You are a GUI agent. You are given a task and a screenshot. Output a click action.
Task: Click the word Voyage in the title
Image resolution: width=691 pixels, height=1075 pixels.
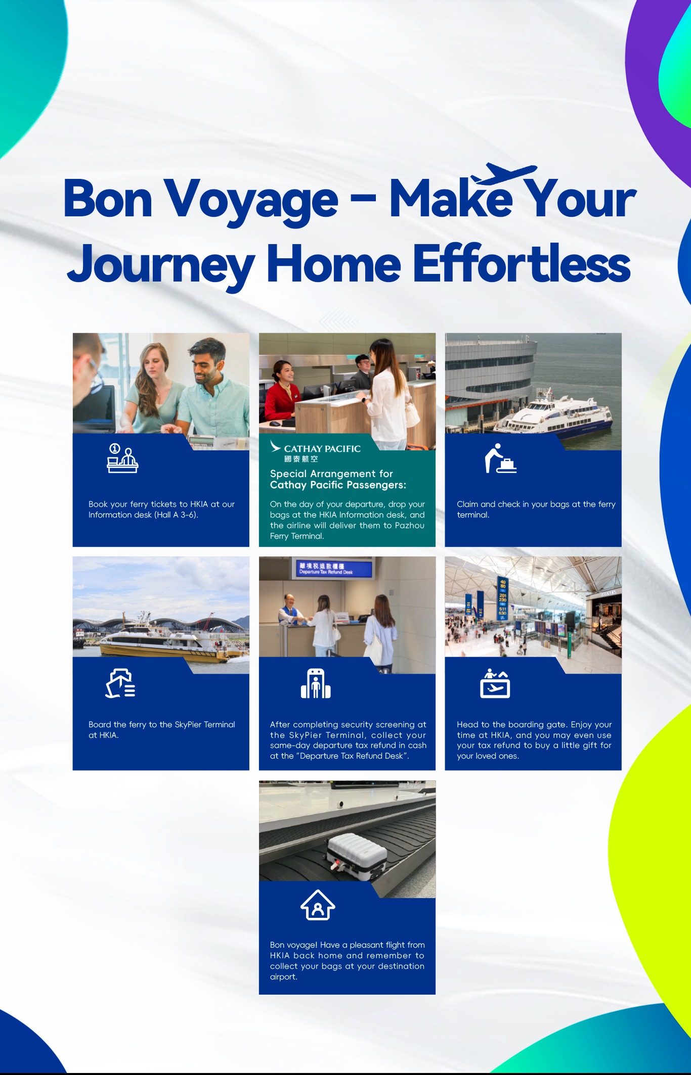click(x=251, y=201)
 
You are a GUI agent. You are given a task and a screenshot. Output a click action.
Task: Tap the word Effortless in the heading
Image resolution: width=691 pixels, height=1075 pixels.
click(x=522, y=263)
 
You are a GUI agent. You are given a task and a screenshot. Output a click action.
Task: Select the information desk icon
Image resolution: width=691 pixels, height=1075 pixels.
click(x=122, y=458)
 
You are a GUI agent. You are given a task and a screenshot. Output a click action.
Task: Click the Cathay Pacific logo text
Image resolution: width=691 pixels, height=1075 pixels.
click(x=322, y=449)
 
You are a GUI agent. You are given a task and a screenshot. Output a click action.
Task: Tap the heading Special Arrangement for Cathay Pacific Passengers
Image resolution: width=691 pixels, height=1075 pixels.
click(x=338, y=479)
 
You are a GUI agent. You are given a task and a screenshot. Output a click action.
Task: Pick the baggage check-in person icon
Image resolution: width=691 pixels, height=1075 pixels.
click(x=500, y=458)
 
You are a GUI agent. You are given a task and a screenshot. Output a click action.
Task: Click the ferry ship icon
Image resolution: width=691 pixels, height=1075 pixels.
click(x=120, y=683)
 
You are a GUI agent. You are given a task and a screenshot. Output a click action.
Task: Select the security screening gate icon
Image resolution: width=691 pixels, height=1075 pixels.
click(x=316, y=683)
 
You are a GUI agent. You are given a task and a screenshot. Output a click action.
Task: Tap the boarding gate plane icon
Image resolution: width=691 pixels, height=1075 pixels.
click(x=495, y=683)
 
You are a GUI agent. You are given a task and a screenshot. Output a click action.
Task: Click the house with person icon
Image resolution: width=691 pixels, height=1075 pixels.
click(x=318, y=905)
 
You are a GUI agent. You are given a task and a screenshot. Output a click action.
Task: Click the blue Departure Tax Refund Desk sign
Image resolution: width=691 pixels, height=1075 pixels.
click(x=334, y=569)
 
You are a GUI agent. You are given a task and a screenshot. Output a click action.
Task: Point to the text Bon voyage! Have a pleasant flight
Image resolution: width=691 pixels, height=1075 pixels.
click(x=347, y=945)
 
